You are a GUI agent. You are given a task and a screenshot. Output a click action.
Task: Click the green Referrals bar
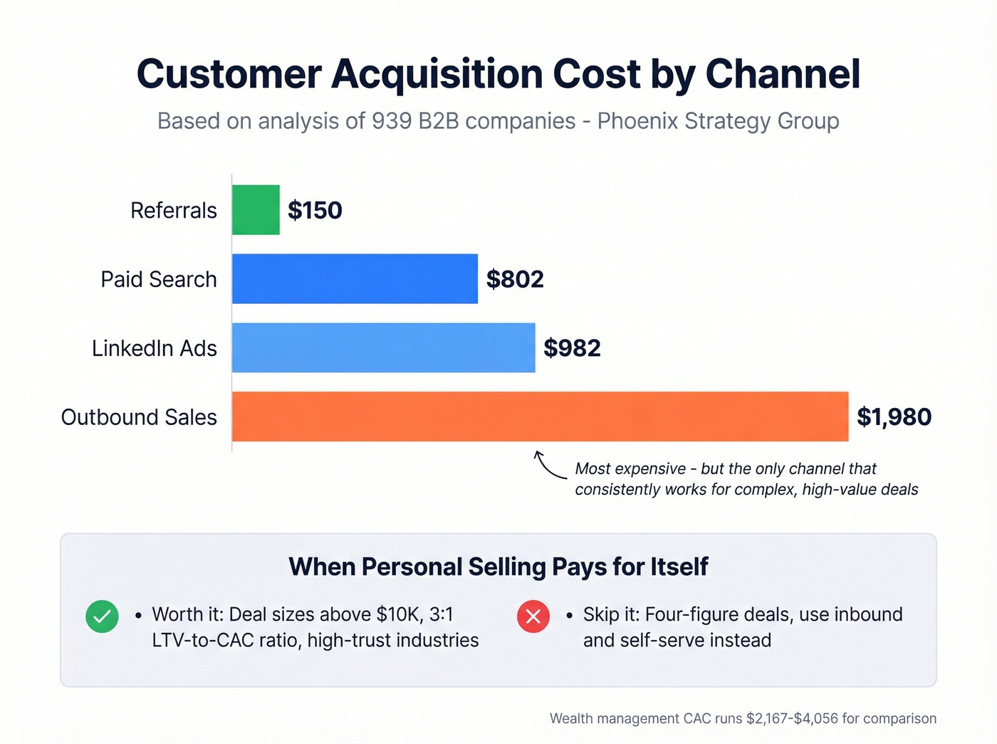click(x=256, y=210)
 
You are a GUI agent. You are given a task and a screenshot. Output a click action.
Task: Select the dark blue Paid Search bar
click(x=355, y=279)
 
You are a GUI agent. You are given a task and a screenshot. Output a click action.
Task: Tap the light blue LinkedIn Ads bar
click(x=383, y=347)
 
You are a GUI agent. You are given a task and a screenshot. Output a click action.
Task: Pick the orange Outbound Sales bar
click(x=540, y=416)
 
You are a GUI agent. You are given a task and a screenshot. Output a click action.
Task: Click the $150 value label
click(x=315, y=211)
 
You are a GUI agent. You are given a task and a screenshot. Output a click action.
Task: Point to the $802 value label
click(x=515, y=279)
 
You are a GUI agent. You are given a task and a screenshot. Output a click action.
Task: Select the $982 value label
click(x=572, y=348)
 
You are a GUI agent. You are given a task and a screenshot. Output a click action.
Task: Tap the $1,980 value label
click(x=894, y=417)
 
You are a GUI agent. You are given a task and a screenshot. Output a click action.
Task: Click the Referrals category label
click(x=174, y=211)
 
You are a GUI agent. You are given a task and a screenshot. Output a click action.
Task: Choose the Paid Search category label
click(x=159, y=279)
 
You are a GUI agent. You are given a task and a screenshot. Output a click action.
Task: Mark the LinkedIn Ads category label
click(x=155, y=348)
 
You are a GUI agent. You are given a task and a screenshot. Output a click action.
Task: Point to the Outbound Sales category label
click(x=139, y=417)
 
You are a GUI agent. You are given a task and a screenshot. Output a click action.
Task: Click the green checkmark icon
click(x=102, y=617)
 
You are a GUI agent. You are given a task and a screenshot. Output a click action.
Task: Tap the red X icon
click(x=533, y=617)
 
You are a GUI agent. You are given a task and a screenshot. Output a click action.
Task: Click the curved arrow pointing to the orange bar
click(x=548, y=466)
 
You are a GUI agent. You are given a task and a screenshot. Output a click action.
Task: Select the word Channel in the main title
click(x=783, y=74)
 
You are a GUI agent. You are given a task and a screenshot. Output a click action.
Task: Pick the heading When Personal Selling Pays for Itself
click(x=499, y=567)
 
